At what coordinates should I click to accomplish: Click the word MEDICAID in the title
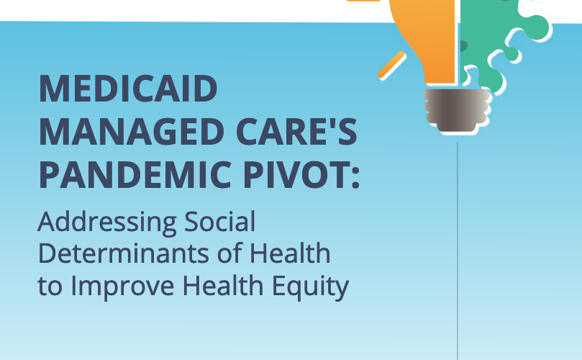(x=128, y=89)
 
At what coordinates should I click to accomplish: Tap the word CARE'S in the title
(x=296, y=132)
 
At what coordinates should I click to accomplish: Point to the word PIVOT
(x=296, y=175)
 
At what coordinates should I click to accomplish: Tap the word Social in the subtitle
(x=219, y=222)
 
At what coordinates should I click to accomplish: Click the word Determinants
(x=124, y=253)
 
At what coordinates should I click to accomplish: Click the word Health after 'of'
(x=290, y=253)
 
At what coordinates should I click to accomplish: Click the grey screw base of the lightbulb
(x=457, y=110)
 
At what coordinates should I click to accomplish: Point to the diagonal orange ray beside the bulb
(x=391, y=65)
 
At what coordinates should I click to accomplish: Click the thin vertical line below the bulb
(x=458, y=251)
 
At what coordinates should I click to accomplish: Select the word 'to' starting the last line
(x=50, y=287)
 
